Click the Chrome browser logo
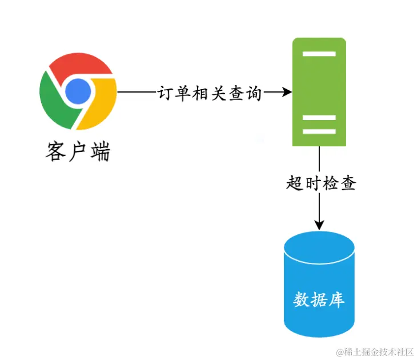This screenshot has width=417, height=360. (78, 91)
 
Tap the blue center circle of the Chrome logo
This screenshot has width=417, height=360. (78, 91)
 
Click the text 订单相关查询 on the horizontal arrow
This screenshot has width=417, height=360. (210, 93)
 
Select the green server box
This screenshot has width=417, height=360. (319, 91)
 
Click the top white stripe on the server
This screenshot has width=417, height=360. (319, 54)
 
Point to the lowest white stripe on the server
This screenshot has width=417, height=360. (319, 131)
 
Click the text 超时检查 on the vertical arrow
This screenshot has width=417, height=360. (321, 183)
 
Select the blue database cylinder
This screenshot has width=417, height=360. (319, 286)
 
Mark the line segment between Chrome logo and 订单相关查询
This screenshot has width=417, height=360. (137, 92)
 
